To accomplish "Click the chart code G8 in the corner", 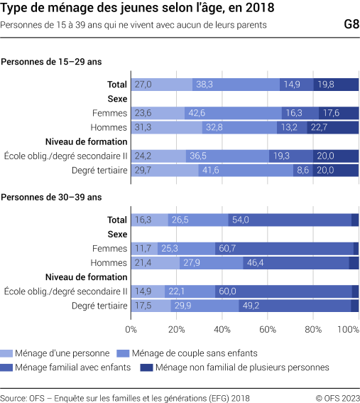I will point(350,24).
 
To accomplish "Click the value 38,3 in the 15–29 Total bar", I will point(204,85).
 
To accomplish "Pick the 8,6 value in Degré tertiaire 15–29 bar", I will point(302,171).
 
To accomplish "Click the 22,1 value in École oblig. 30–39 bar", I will point(178,291).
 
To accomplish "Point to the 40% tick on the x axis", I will point(222,329).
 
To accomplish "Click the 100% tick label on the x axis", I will point(349,329).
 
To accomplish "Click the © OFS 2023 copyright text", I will point(337,397).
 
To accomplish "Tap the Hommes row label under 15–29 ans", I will point(109,128).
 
